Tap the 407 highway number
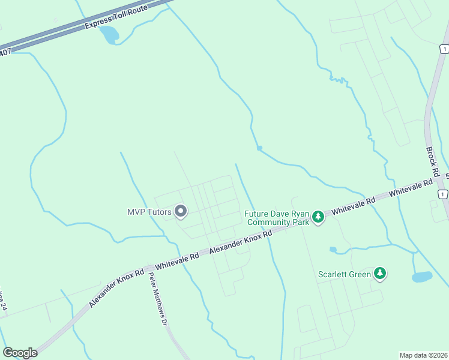pos(5,52)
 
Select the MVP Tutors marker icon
pos(181,212)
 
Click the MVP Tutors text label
pos(149,212)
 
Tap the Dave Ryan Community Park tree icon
pos(318,217)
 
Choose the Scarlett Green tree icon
pos(379,274)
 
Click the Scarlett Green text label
pos(345,275)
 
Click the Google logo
pos(20,353)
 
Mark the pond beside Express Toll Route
pos(110,35)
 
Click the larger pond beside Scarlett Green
pos(422,277)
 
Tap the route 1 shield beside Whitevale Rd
pos(442,194)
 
